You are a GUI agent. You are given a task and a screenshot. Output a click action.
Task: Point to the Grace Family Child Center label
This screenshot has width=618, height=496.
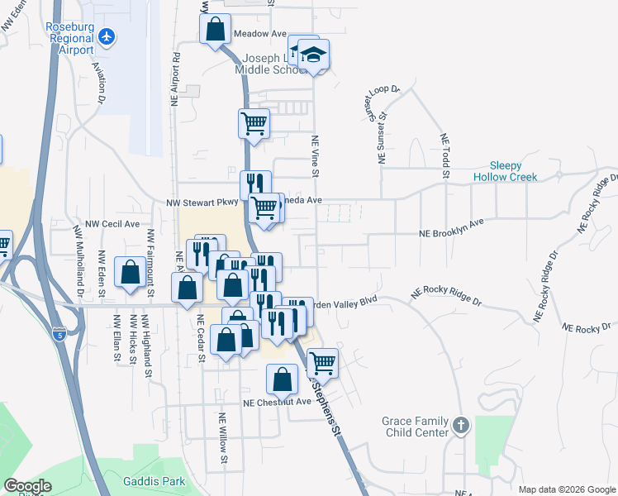[x=415, y=427]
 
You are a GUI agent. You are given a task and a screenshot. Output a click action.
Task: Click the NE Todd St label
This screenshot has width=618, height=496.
[x=444, y=155]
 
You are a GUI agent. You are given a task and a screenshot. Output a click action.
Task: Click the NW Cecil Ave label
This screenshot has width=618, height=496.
[x=113, y=224]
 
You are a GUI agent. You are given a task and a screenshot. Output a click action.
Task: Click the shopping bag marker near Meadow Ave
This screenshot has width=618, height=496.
[x=215, y=30]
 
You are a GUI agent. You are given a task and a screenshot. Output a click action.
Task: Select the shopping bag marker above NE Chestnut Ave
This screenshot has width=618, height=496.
[x=282, y=379]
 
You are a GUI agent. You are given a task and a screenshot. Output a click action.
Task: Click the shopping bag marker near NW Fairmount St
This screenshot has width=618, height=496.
[x=131, y=272]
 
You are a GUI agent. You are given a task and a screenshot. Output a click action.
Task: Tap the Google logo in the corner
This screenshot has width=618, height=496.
[x=27, y=486]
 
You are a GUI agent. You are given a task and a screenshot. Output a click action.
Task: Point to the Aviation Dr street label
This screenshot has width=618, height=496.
[x=99, y=82]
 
